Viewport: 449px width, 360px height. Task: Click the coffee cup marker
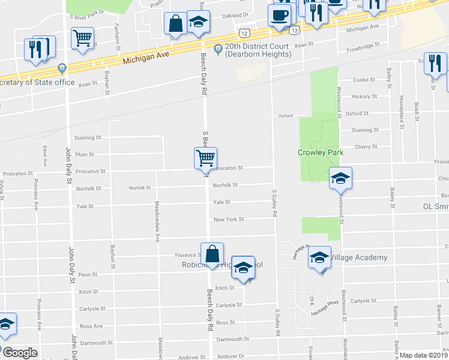(279, 16)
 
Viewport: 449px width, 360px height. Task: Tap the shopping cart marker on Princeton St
(205, 158)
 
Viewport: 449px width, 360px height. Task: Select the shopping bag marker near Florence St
(212, 254)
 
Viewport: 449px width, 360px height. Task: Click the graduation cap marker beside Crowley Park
(340, 178)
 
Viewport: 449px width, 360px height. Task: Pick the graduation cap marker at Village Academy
(319, 258)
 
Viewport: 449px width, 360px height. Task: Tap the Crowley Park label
(321, 152)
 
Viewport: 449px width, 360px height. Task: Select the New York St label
(228, 220)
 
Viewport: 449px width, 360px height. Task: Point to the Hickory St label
(365, 96)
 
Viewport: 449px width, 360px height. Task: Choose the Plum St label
(85, 154)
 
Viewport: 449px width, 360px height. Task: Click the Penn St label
(88, 274)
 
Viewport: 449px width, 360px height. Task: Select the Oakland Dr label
(235, 16)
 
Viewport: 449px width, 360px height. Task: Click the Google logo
(19, 353)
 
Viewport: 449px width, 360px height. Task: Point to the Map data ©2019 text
(423, 355)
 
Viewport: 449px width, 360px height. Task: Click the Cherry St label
(366, 146)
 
